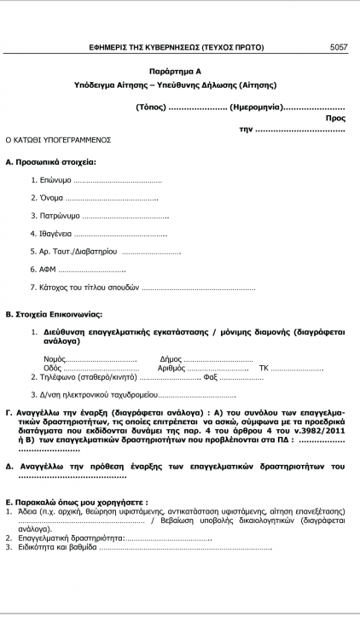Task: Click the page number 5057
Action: coord(339,48)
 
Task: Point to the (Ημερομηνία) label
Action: coord(256,107)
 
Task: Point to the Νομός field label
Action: coord(55,359)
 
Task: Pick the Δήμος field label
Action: coord(171,359)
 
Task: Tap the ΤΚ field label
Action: coord(264,368)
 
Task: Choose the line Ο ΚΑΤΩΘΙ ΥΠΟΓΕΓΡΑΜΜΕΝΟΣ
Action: coord(59,138)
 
